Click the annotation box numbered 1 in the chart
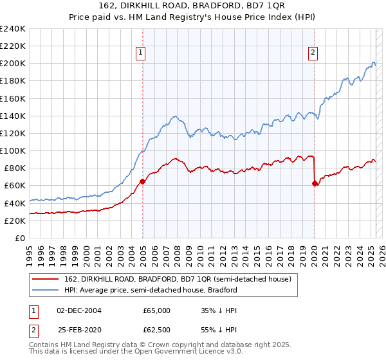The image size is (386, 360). pyautogui.click(x=140, y=53)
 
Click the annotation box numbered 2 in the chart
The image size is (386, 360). pyautogui.click(x=313, y=53)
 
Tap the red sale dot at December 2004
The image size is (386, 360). pyautogui.click(x=142, y=181)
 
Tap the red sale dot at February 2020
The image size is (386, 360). pyautogui.click(x=315, y=184)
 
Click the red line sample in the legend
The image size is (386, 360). pyautogui.click(x=46, y=279)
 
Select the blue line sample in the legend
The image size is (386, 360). pyautogui.click(x=46, y=290)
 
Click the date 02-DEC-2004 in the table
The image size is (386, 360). pyautogui.click(x=79, y=310)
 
